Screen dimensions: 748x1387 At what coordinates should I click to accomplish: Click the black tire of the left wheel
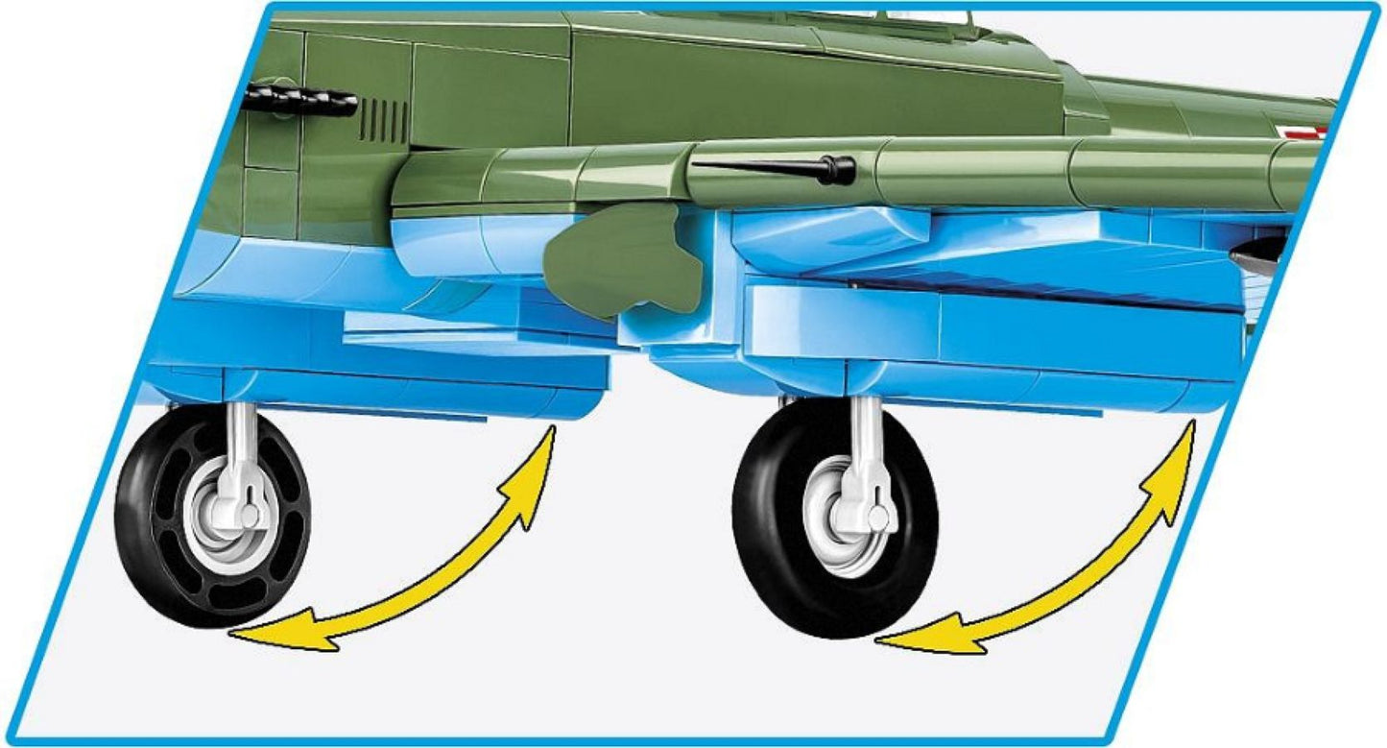click(144, 538)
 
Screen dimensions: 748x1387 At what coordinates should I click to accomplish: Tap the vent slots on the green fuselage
click(383, 120)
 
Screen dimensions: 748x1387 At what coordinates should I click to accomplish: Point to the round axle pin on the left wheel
click(249, 516)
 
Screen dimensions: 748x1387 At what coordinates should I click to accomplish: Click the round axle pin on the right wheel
click(876, 519)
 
